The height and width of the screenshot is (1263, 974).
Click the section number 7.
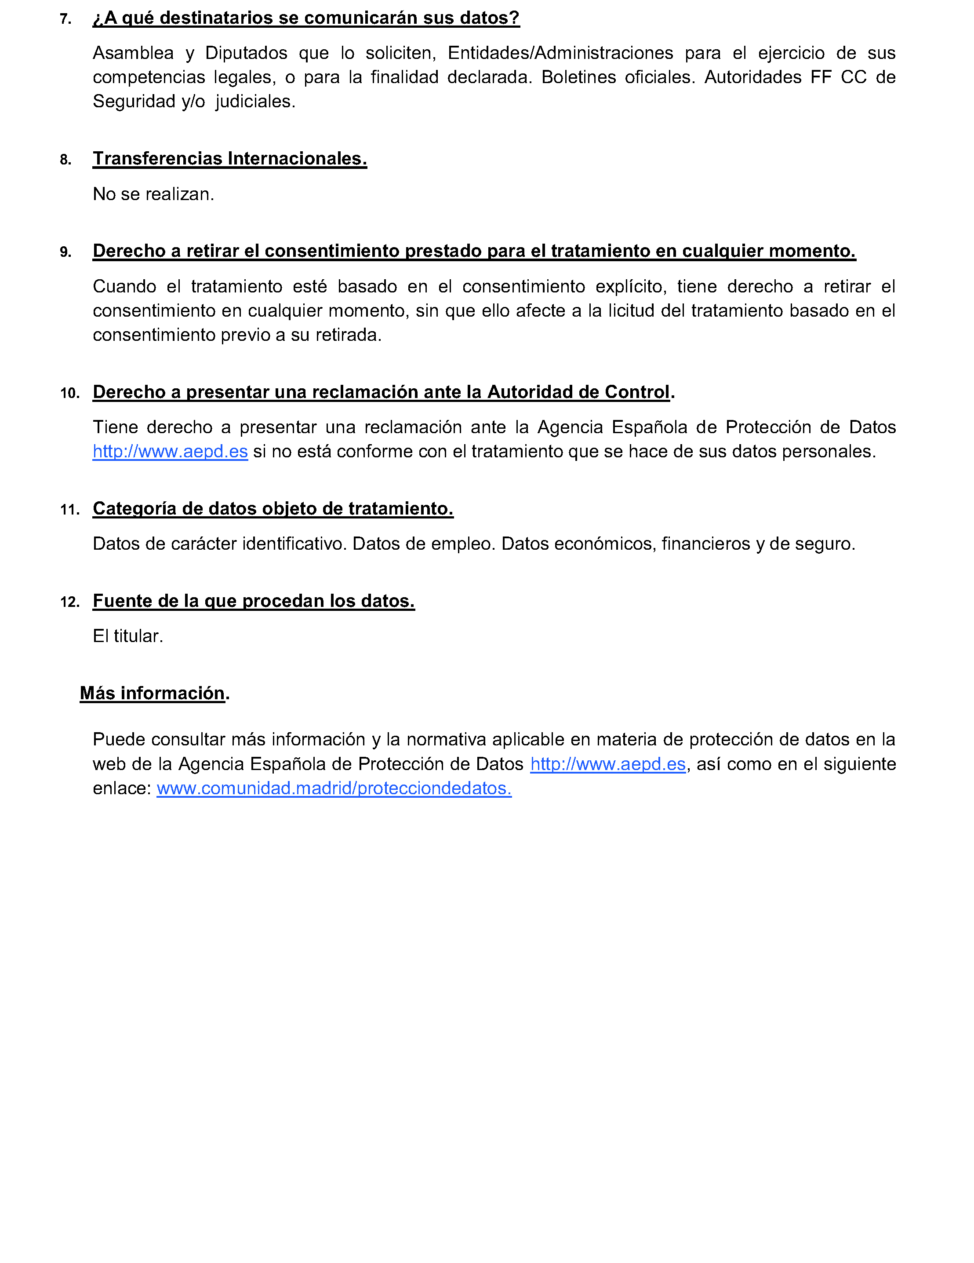point(65,19)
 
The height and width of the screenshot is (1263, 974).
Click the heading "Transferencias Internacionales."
point(229,158)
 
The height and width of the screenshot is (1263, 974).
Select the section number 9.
point(65,252)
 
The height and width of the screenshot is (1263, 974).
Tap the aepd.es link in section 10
point(170,451)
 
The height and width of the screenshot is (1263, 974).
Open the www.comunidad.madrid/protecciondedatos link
point(334,788)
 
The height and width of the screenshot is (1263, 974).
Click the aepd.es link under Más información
point(607,764)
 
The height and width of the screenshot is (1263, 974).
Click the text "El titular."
point(128,636)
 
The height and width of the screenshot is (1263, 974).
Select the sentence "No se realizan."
point(153,194)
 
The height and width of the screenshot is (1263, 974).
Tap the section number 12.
point(69,602)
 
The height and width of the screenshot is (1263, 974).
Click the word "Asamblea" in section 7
point(133,53)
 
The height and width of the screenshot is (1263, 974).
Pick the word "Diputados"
point(246,53)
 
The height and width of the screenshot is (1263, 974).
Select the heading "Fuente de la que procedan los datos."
point(253,601)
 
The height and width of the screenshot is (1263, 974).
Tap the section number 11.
point(69,510)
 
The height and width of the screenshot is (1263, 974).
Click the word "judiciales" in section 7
point(255,102)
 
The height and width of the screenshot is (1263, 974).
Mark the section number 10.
point(69,393)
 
